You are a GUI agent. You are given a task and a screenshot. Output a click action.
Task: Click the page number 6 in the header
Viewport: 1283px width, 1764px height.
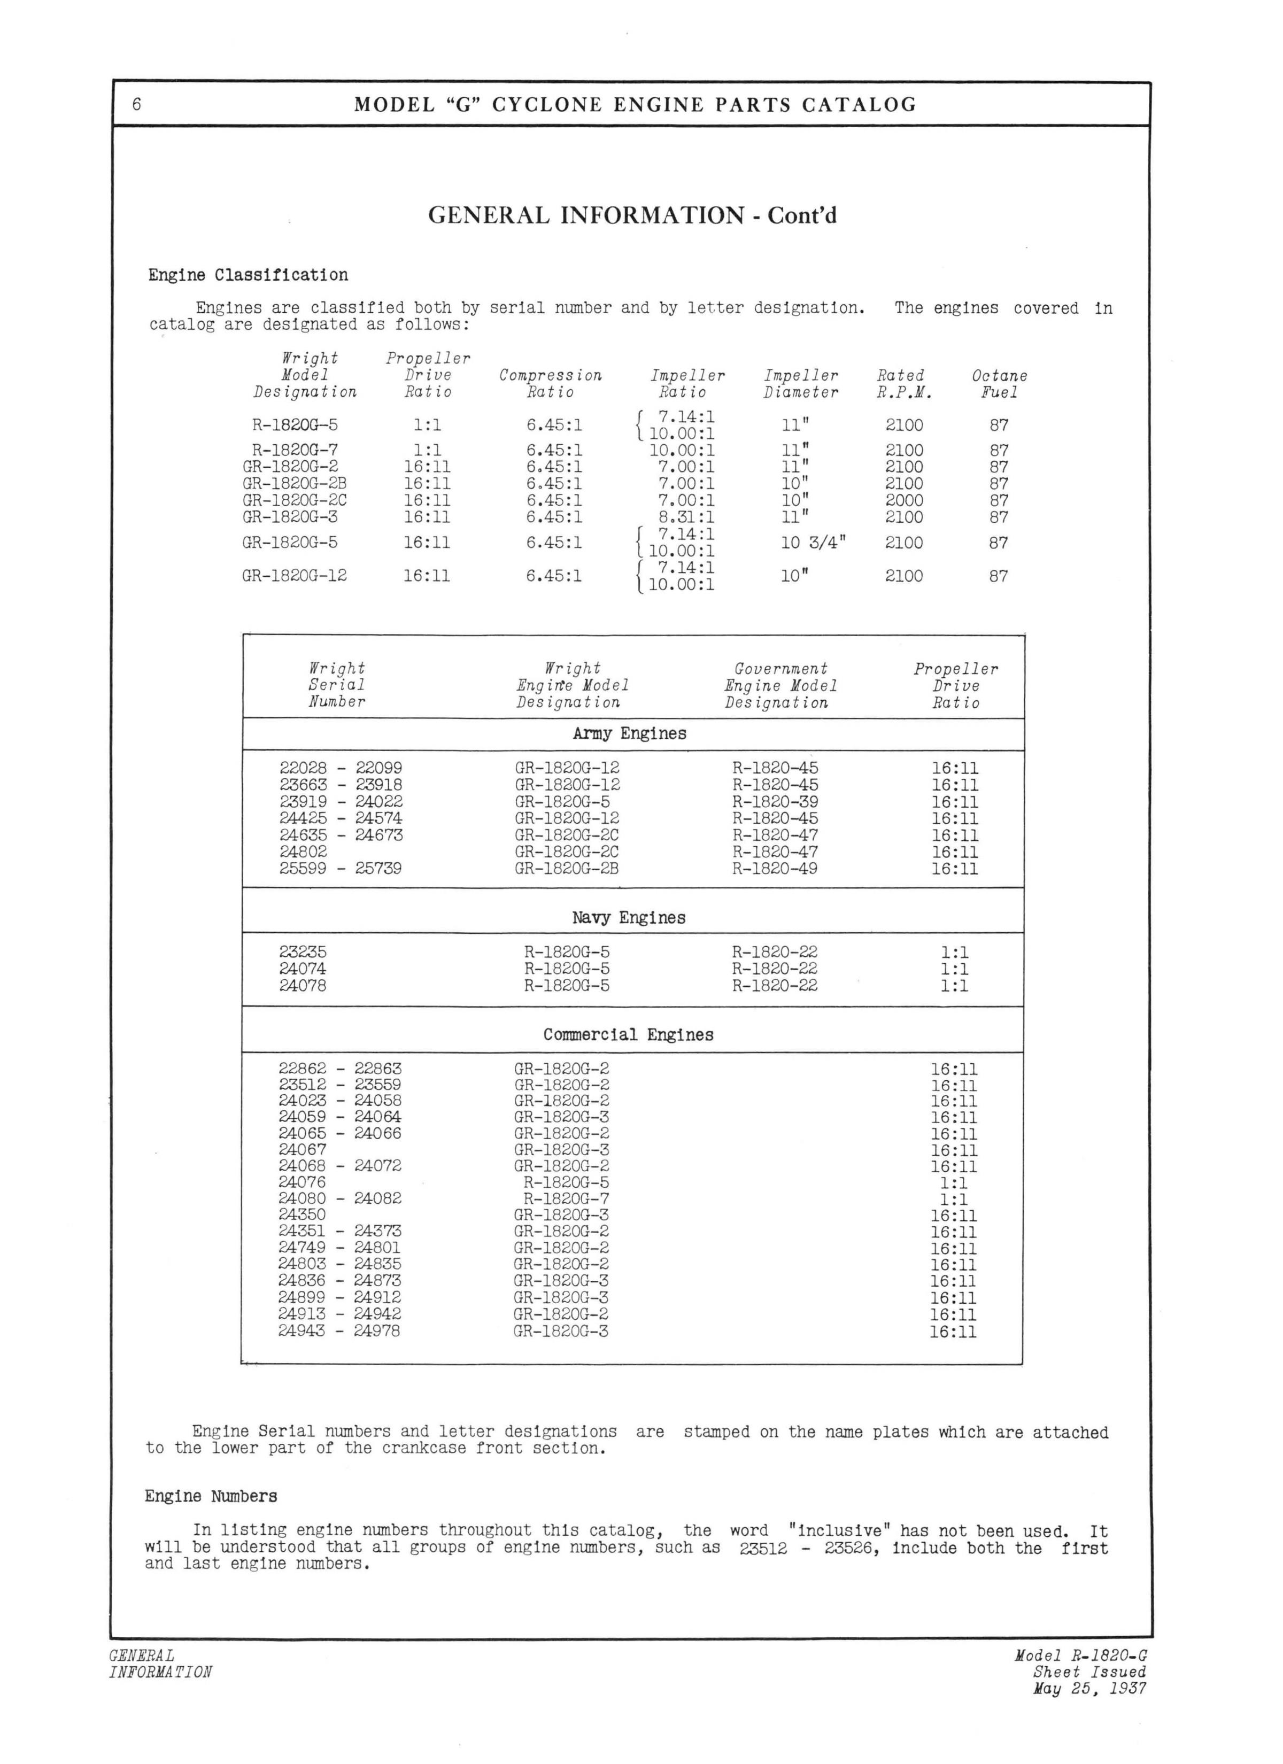[137, 104]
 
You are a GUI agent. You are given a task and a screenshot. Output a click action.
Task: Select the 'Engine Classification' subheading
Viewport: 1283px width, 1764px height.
[248, 275]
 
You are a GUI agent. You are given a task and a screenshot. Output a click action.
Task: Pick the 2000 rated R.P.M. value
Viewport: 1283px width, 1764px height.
[904, 500]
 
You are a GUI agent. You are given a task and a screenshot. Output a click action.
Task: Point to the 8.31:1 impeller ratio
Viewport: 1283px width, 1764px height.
[682, 517]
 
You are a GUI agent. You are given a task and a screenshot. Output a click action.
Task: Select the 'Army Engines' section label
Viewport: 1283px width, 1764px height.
[629, 733]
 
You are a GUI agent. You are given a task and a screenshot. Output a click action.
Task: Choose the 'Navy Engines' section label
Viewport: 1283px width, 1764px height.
[629, 918]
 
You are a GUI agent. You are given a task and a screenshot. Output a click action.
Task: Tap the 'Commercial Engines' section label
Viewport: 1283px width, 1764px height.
[628, 1034]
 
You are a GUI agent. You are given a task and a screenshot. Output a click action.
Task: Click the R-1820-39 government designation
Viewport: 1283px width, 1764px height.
[775, 802]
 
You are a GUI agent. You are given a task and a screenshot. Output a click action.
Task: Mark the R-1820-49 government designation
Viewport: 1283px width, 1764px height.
[775, 868]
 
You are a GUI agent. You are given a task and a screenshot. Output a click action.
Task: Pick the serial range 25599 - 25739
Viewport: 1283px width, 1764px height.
[341, 868]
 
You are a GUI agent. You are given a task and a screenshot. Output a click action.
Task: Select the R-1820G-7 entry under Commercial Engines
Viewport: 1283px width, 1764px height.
[567, 1198]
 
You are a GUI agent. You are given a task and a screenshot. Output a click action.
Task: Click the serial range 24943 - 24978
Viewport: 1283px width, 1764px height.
[340, 1331]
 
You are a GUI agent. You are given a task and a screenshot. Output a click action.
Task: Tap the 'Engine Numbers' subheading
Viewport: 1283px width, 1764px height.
[211, 1496]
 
